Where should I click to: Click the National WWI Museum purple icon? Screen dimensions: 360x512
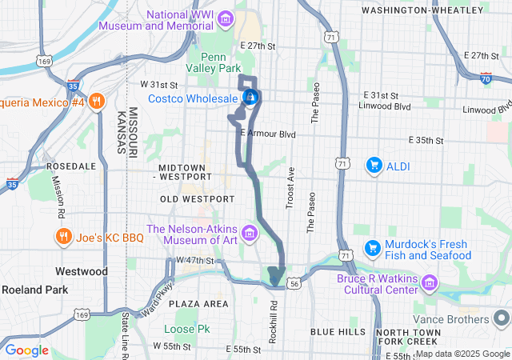click(x=225, y=18)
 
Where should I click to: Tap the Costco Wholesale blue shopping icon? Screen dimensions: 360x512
click(x=250, y=98)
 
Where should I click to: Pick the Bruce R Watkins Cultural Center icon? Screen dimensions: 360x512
click(x=430, y=282)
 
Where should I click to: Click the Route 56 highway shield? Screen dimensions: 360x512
click(x=295, y=283)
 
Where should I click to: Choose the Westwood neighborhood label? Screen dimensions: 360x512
click(x=81, y=271)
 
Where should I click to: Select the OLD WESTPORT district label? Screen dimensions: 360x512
click(x=197, y=198)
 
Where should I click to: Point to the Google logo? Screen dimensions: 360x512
click(x=27, y=350)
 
